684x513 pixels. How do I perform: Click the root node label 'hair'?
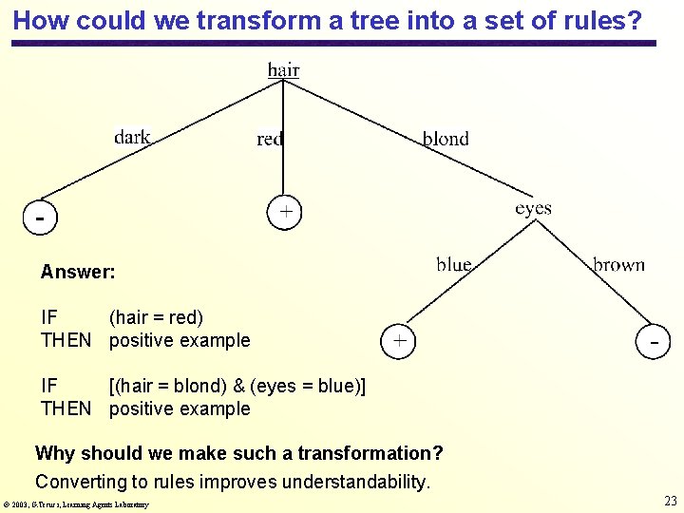[x=283, y=69]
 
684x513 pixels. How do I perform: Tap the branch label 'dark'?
[x=132, y=137]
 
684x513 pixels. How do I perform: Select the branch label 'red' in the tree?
[x=270, y=140]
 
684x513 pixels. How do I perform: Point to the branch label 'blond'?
[x=446, y=139]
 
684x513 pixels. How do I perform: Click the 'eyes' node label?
[x=533, y=208]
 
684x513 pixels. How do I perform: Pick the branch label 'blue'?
[x=454, y=264]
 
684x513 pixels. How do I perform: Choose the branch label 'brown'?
[x=618, y=265]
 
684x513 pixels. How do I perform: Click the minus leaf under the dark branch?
[x=40, y=217]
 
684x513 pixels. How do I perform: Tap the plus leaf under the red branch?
[x=285, y=212]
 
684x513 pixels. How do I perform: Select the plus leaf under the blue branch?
[x=399, y=339]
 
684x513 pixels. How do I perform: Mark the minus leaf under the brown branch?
[x=655, y=339]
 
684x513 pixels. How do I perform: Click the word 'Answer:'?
[x=78, y=273]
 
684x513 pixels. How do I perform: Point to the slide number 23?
[x=670, y=501]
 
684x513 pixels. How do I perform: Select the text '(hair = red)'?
[x=156, y=317]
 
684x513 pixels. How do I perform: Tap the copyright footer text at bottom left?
[x=76, y=504]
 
